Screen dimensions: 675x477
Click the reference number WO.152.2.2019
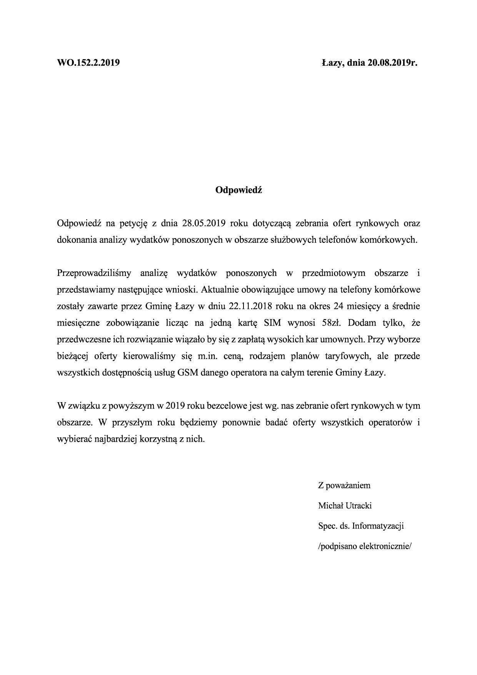click(x=88, y=62)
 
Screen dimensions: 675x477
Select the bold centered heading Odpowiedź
click(x=239, y=190)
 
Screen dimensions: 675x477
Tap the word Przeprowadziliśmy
click(x=94, y=273)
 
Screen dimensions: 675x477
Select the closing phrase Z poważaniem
click(x=344, y=485)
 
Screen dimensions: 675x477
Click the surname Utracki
click(x=358, y=505)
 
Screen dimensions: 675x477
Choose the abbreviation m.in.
click(x=208, y=356)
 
